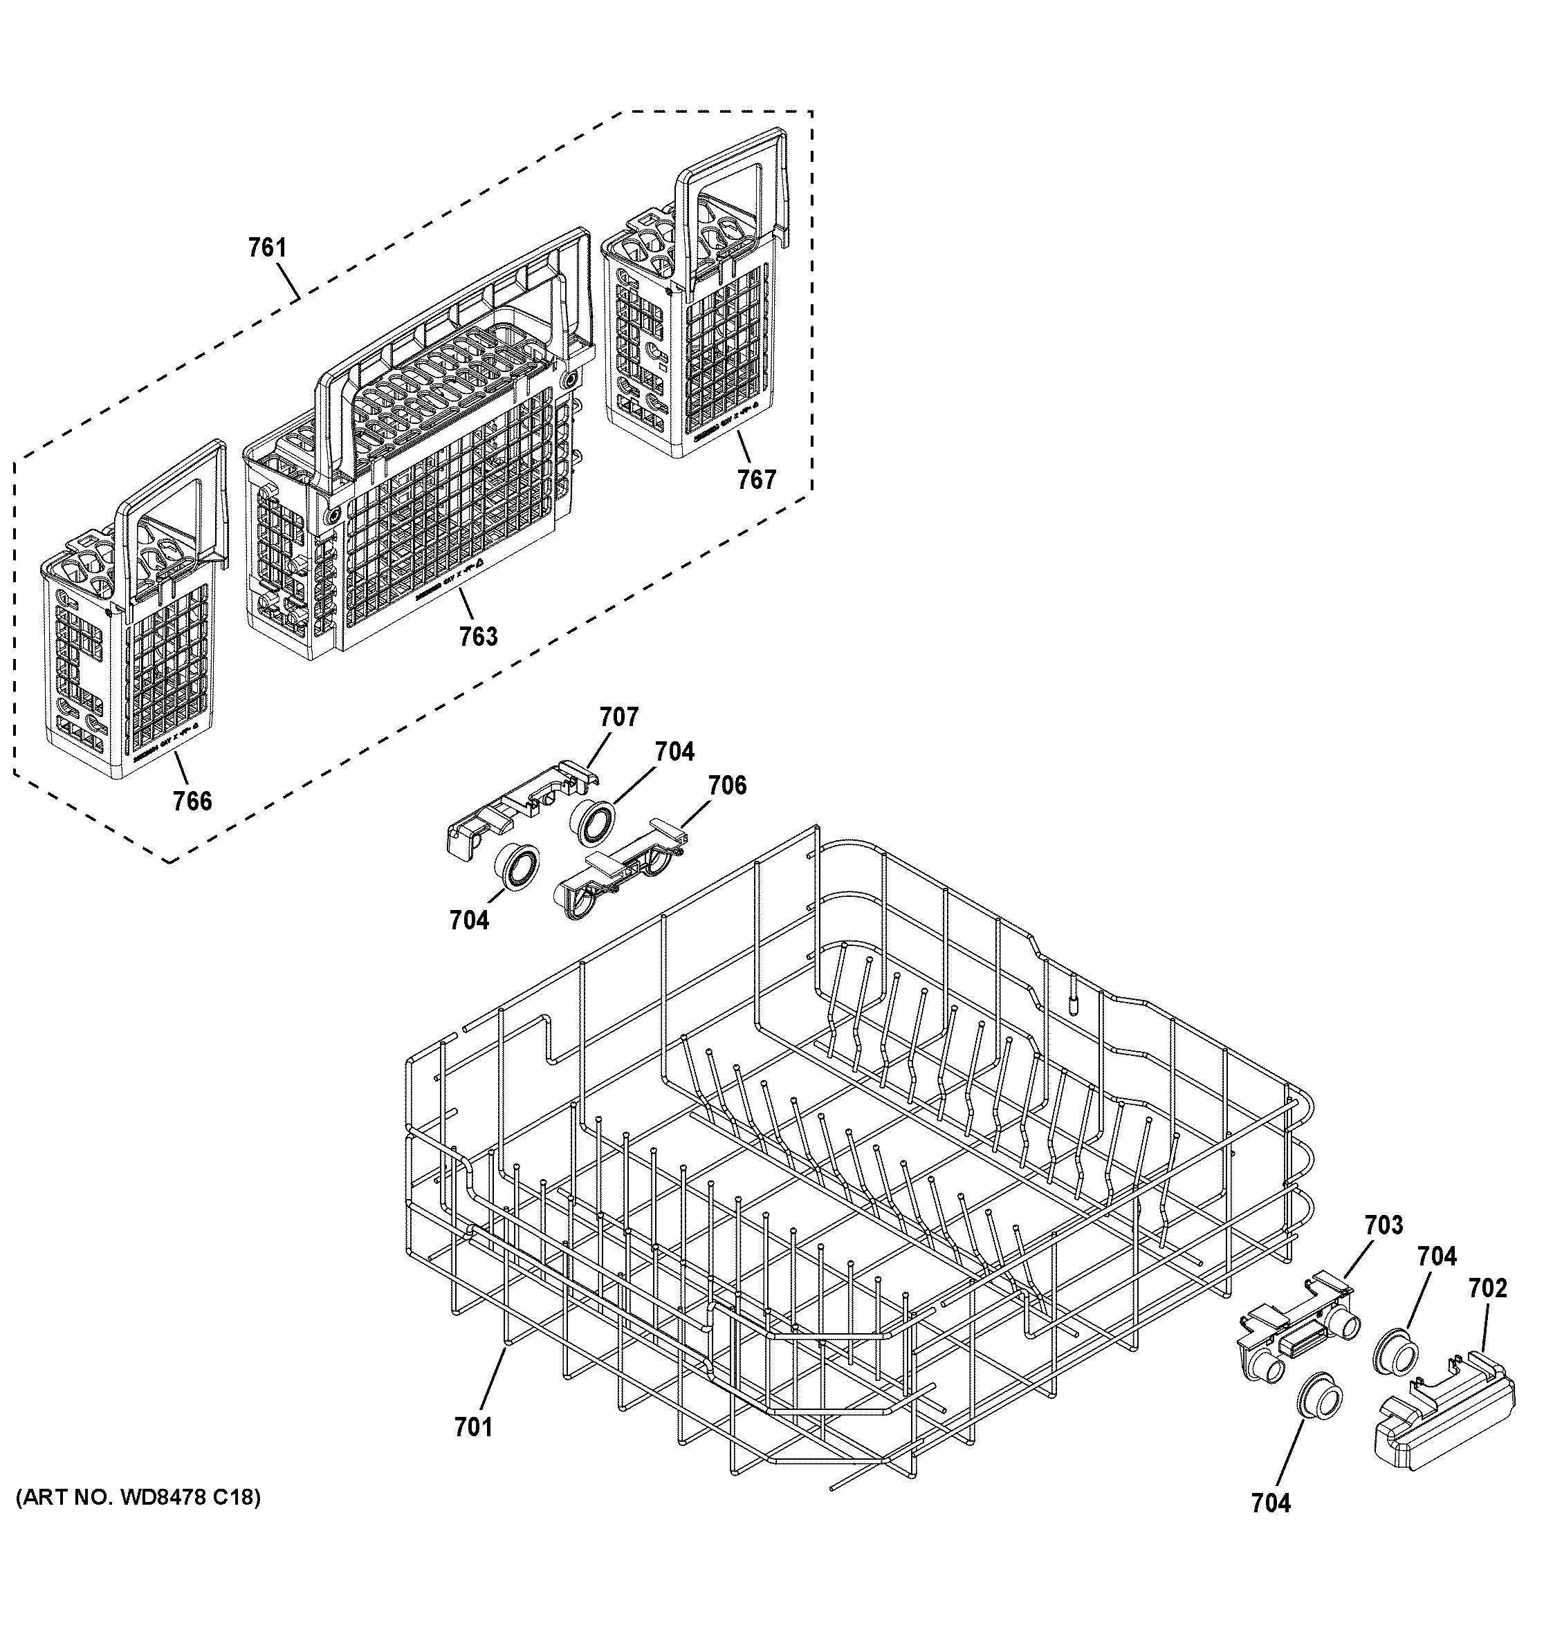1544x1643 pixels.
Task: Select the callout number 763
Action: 479,636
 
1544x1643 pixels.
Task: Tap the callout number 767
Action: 757,479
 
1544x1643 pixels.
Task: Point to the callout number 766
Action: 192,801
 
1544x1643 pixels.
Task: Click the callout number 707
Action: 619,716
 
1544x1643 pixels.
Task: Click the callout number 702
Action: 1488,1288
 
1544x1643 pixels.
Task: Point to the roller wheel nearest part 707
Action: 592,823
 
